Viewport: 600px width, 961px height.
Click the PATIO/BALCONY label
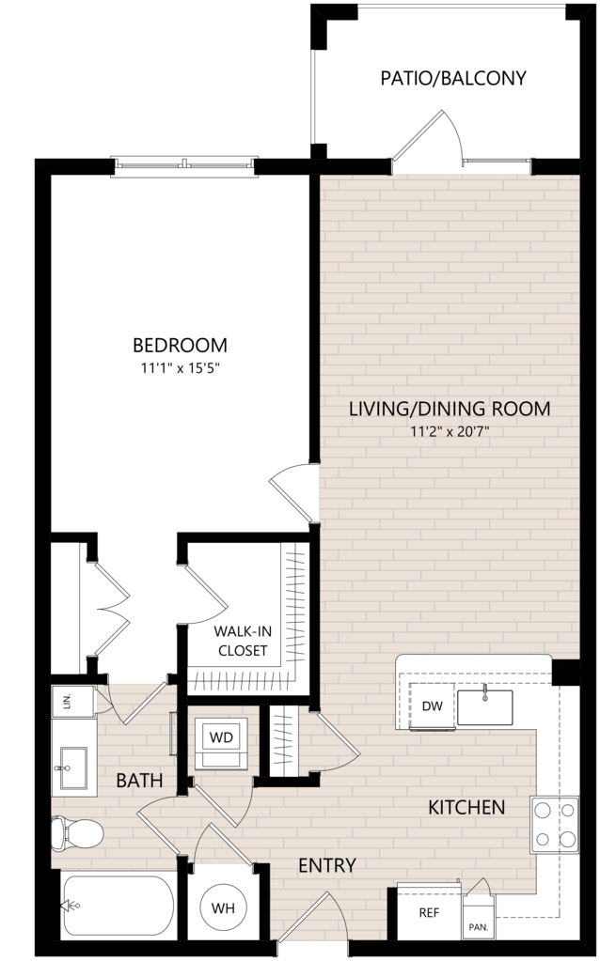click(x=453, y=79)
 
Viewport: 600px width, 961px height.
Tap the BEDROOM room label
click(x=180, y=345)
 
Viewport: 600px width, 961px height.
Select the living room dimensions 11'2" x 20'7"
click(x=450, y=432)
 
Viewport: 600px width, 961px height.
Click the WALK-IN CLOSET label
click(x=243, y=641)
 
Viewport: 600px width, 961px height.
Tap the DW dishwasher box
click(x=432, y=706)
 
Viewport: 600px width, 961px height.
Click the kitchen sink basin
click(x=484, y=707)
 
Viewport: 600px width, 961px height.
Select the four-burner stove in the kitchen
click(x=555, y=825)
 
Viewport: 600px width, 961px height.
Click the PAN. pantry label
click(x=479, y=927)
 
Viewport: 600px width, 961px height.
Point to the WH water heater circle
click(x=223, y=908)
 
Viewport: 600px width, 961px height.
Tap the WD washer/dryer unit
click(x=221, y=743)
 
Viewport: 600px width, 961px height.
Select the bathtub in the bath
click(x=118, y=906)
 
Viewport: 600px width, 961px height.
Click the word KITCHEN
click(x=466, y=807)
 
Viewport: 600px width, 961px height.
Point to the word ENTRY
click(x=327, y=865)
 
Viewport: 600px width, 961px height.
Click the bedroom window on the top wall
click(x=184, y=164)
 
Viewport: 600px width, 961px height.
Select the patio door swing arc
click(x=455, y=133)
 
